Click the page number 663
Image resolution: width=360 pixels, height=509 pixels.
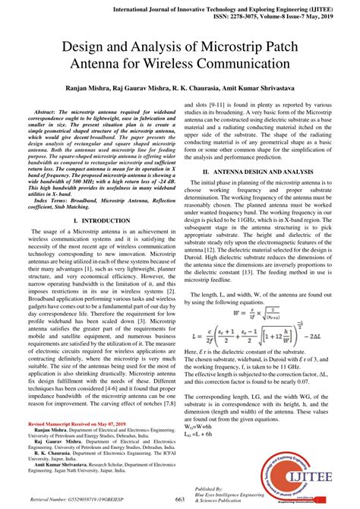tap(180, 498)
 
